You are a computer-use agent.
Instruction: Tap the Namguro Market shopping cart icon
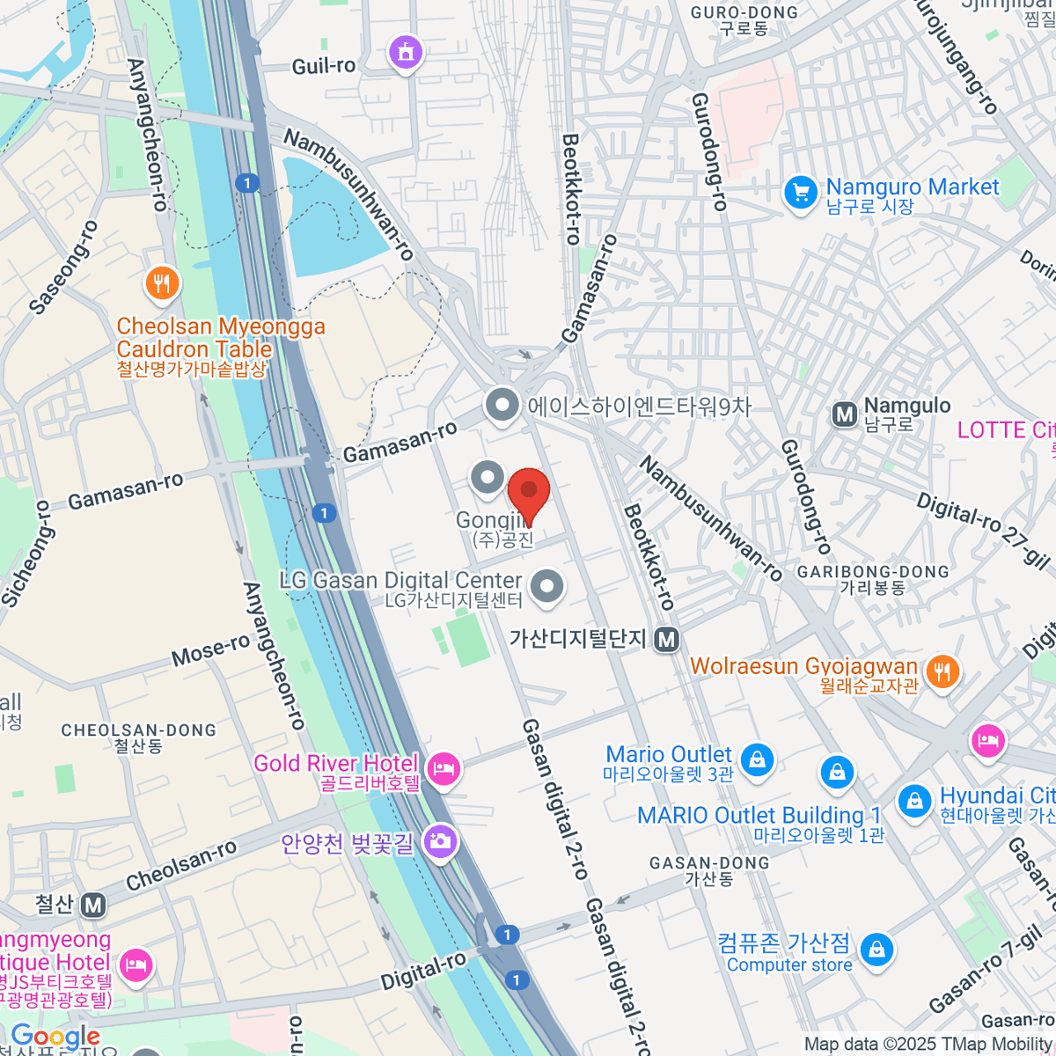tap(801, 193)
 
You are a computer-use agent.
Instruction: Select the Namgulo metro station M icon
tap(845, 414)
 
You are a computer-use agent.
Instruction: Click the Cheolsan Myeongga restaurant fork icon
tap(162, 283)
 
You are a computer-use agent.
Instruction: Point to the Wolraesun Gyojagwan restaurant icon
tap(942, 672)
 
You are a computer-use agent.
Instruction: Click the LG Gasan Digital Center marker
tap(547, 586)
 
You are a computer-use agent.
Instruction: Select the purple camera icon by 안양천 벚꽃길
tap(439, 842)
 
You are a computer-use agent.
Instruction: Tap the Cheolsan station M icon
tap(93, 905)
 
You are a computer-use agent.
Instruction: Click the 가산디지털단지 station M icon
tap(667, 640)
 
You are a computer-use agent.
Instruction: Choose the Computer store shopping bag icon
tap(876, 950)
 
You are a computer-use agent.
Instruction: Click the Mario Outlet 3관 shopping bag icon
tap(757, 759)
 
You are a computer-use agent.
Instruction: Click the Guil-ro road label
tap(323, 66)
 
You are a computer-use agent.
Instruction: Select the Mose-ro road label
tap(211, 652)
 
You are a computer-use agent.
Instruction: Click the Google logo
tap(55, 1037)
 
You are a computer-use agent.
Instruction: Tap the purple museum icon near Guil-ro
tap(406, 53)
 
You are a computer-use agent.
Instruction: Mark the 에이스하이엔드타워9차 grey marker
tap(502, 407)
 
